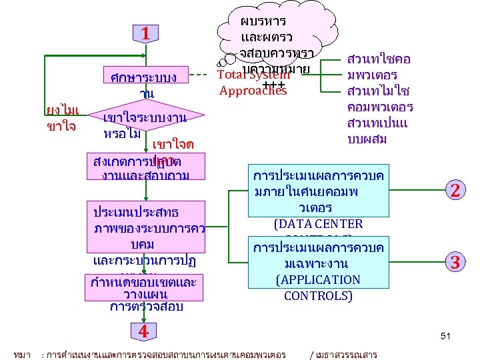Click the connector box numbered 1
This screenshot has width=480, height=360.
pyautogui.click(x=145, y=33)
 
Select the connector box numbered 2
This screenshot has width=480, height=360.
pyautogui.click(x=455, y=190)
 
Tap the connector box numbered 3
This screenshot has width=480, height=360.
pyautogui.click(x=455, y=261)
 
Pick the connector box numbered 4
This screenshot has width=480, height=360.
pyautogui.click(x=143, y=331)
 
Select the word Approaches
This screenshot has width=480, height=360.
pyautogui.click(x=253, y=91)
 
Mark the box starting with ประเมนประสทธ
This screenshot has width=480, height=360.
pyautogui.click(x=144, y=233)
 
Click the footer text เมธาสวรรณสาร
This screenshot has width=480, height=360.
pyautogui.click(x=347, y=354)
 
